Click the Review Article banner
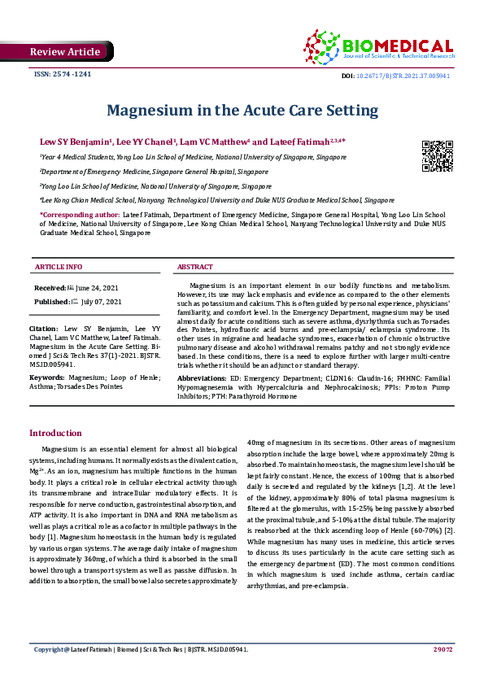[x=65, y=52]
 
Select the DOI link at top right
[x=411, y=75]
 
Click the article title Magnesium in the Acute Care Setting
[x=242, y=110]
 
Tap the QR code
[x=437, y=155]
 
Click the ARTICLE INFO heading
[x=58, y=267]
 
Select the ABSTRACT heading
[x=195, y=267]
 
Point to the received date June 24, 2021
[x=98, y=289]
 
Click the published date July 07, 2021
[x=101, y=302]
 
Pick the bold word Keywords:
[x=47, y=378]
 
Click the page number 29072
[x=443, y=672]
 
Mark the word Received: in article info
[x=49, y=289]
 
